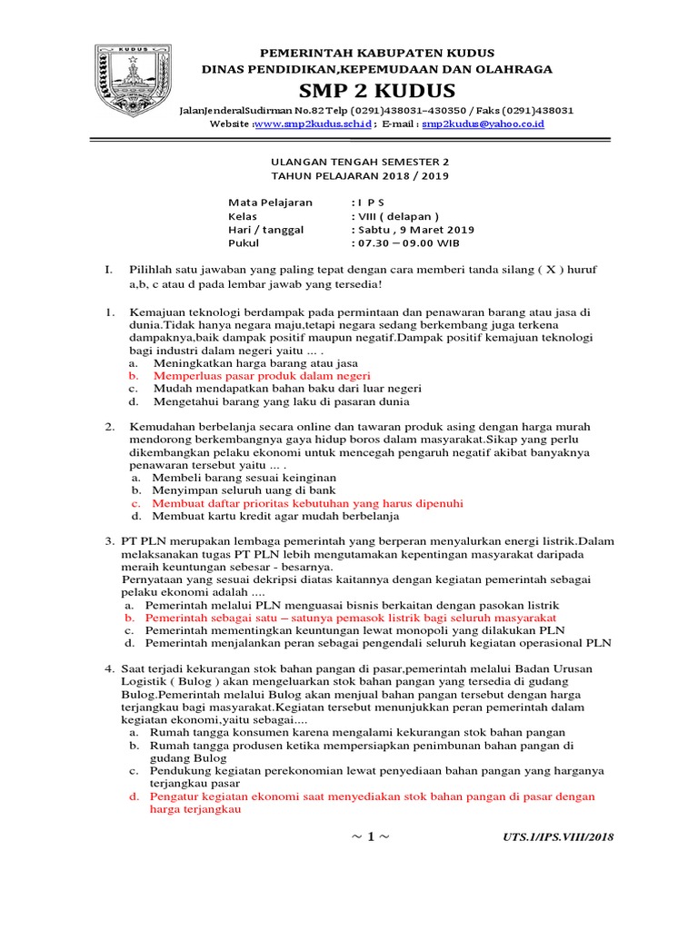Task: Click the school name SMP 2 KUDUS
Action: click(x=375, y=91)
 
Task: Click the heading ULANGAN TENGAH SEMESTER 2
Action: click(x=349, y=162)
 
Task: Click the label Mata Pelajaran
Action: click(x=270, y=203)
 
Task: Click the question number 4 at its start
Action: click(x=108, y=668)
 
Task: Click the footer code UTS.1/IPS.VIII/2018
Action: click(x=557, y=836)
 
